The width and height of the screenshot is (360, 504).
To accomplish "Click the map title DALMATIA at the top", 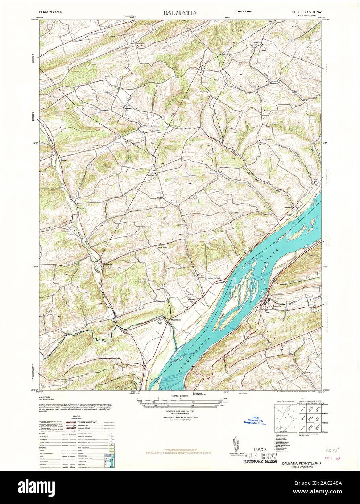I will point(180,13).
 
